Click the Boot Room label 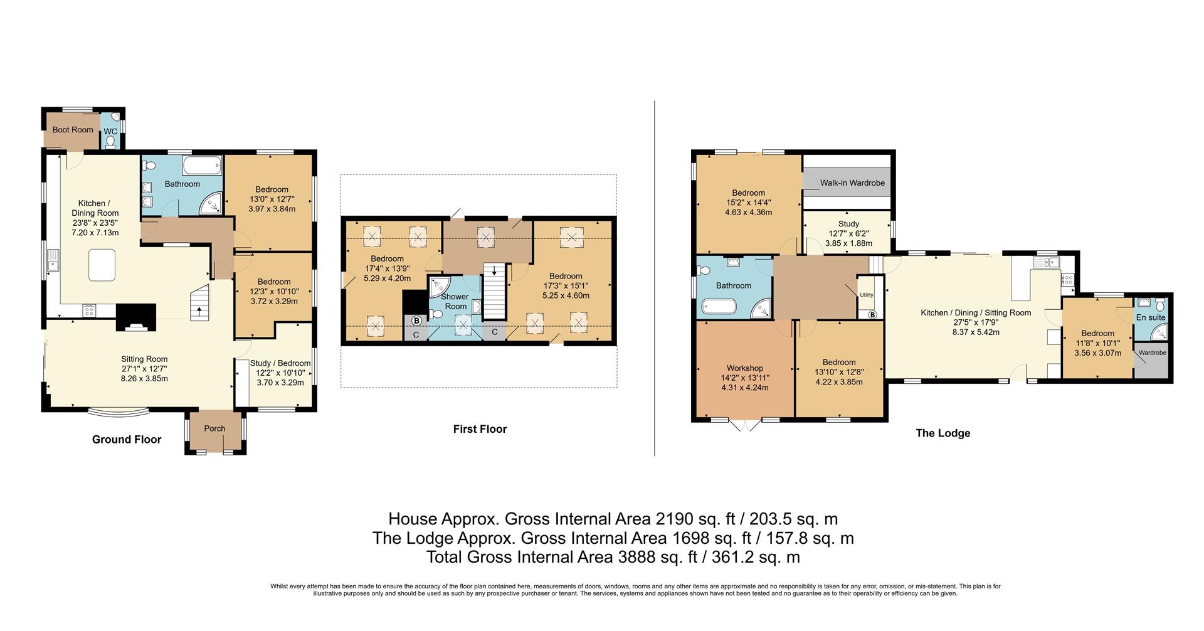tap(73, 130)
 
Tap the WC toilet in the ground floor tap(111, 142)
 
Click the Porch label tap(214, 428)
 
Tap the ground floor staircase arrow tap(200, 309)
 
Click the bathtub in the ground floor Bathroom tap(201, 167)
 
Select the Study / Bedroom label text tap(280, 363)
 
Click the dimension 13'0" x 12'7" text tap(272, 199)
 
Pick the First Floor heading tap(480, 429)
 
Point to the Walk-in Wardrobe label tap(852, 183)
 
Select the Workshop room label tap(745, 368)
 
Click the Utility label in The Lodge tap(867, 295)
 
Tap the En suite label tap(1151, 317)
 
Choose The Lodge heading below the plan tap(943, 433)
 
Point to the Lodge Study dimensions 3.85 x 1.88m tap(848, 243)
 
